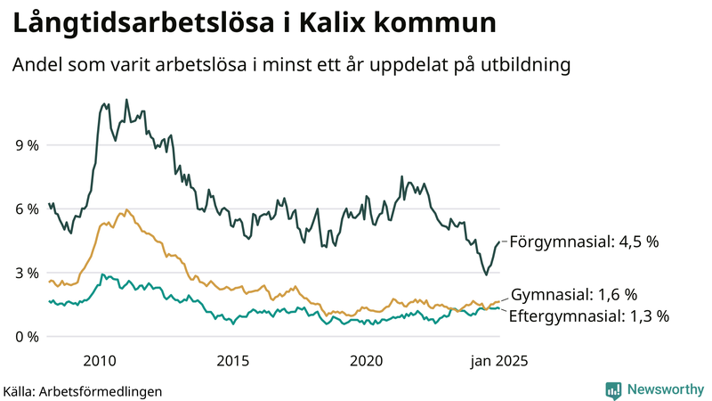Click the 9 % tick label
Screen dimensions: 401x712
(x=27, y=144)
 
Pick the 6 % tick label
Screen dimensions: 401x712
(x=27, y=209)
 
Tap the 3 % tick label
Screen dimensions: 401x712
(x=27, y=273)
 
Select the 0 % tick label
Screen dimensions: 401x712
(x=27, y=337)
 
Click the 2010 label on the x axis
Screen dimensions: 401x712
(x=99, y=361)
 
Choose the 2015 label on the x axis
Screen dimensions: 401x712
(x=232, y=361)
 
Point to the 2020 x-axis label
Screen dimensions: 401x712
(x=366, y=361)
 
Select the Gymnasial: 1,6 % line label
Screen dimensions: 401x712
(x=574, y=295)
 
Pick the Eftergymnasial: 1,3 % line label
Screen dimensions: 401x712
(x=588, y=315)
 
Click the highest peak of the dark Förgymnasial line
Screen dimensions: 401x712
(x=126, y=100)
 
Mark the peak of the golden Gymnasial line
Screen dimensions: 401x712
(x=127, y=210)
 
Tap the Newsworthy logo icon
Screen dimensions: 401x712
(x=613, y=390)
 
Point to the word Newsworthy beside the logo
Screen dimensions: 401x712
(x=665, y=390)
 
